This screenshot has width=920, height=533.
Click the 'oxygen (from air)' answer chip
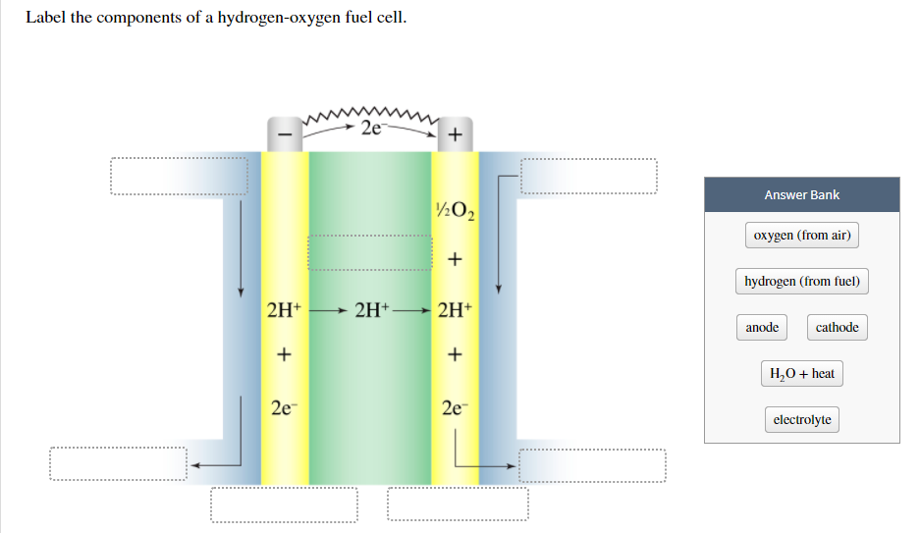[801, 236]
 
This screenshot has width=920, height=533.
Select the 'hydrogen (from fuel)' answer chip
[801, 282]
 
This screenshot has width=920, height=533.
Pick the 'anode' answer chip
[762, 328]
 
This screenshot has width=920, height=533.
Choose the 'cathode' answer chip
[837, 328]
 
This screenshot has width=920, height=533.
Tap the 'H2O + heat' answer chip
[801, 374]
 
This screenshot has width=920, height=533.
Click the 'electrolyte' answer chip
[801, 420]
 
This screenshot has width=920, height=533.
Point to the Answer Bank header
[801, 194]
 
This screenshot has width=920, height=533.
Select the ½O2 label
[455, 209]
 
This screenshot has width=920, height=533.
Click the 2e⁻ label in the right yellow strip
[455, 406]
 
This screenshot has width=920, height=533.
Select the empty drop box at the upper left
[179, 177]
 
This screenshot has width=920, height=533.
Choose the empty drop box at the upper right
[587, 177]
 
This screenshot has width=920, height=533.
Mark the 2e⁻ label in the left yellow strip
[283, 406]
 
